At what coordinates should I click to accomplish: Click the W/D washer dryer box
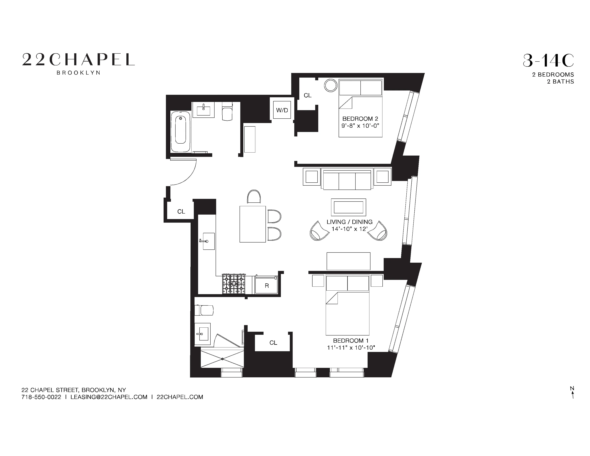pos(282,110)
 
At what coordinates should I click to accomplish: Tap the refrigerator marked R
pos(267,286)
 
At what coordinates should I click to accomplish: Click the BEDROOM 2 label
pos(360,119)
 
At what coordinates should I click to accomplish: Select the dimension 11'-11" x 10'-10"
pos(351,348)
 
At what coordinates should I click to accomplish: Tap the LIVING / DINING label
pos(349,222)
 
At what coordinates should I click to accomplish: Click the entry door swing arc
pos(186,176)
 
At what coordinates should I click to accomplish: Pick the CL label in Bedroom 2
pos(308,95)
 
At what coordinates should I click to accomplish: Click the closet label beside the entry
pos(181,212)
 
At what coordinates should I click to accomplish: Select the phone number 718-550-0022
pos(41,397)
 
